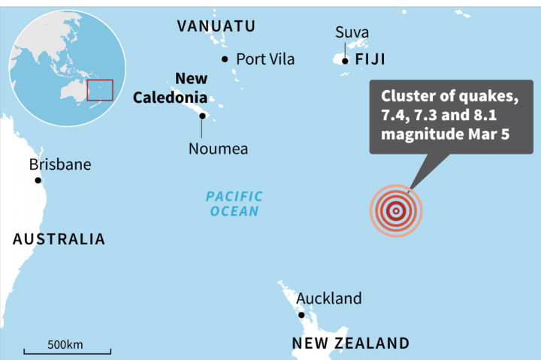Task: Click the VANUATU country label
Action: tap(216, 26)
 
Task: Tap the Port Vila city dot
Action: tap(225, 59)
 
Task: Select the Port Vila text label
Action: tap(265, 59)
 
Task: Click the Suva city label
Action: tap(352, 32)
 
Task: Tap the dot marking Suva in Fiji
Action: tap(345, 60)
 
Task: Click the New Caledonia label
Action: tap(171, 88)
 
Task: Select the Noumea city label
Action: tap(218, 149)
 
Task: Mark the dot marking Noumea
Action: tap(202, 115)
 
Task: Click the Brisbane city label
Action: tap(59, 164)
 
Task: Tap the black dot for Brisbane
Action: tap(38, 180)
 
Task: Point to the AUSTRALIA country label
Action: tap(59, 239)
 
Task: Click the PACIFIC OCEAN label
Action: tap(235, 204)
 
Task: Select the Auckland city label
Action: tap(328, 298)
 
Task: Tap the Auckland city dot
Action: tap(301, 315)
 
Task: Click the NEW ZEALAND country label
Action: tap(351, 343)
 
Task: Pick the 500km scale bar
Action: tap(68, 349)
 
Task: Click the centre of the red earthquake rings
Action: tap(396, 211)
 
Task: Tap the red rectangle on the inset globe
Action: tap(100, 89)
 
